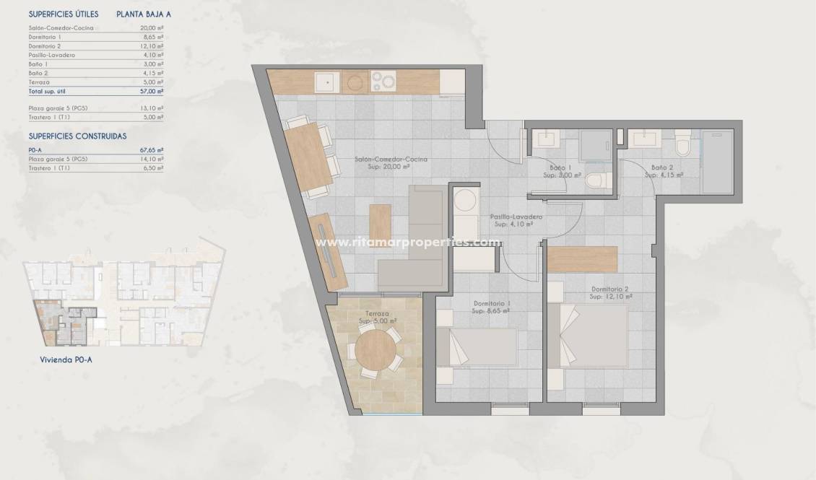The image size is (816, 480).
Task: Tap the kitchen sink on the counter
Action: point(326,82)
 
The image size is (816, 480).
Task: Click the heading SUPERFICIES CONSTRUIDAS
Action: point(77,135)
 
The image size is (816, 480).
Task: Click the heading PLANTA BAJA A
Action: point(143,14)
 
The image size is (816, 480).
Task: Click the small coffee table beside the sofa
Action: point(379,225)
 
